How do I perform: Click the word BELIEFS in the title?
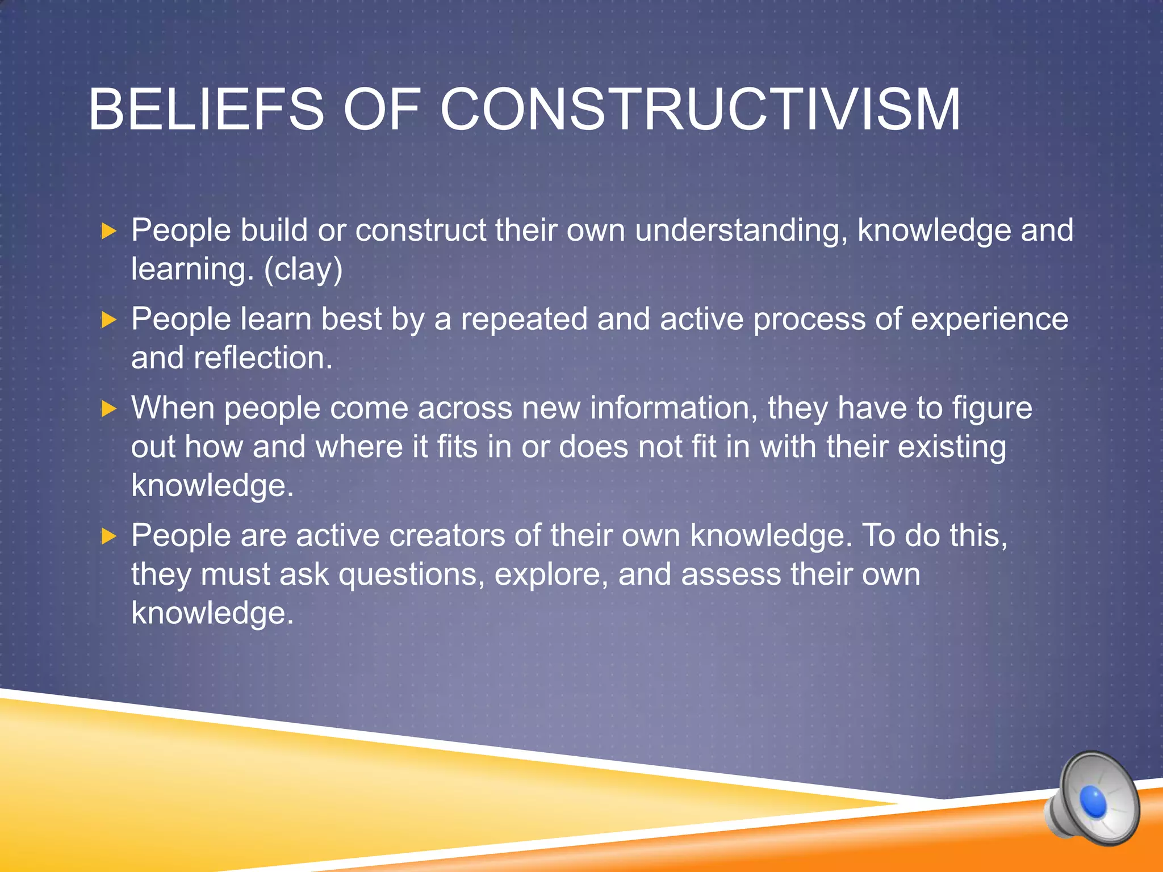coord(206,109)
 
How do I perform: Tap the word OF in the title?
coord(382,109)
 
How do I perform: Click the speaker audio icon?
coord(1093,798)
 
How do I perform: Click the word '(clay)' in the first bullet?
coord(303,269)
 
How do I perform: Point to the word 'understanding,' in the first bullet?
coord(741,232)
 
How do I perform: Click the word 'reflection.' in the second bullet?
coord(263,358)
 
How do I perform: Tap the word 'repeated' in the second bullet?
coord(524,319)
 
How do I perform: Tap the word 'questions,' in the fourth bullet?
coord(412,576)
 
